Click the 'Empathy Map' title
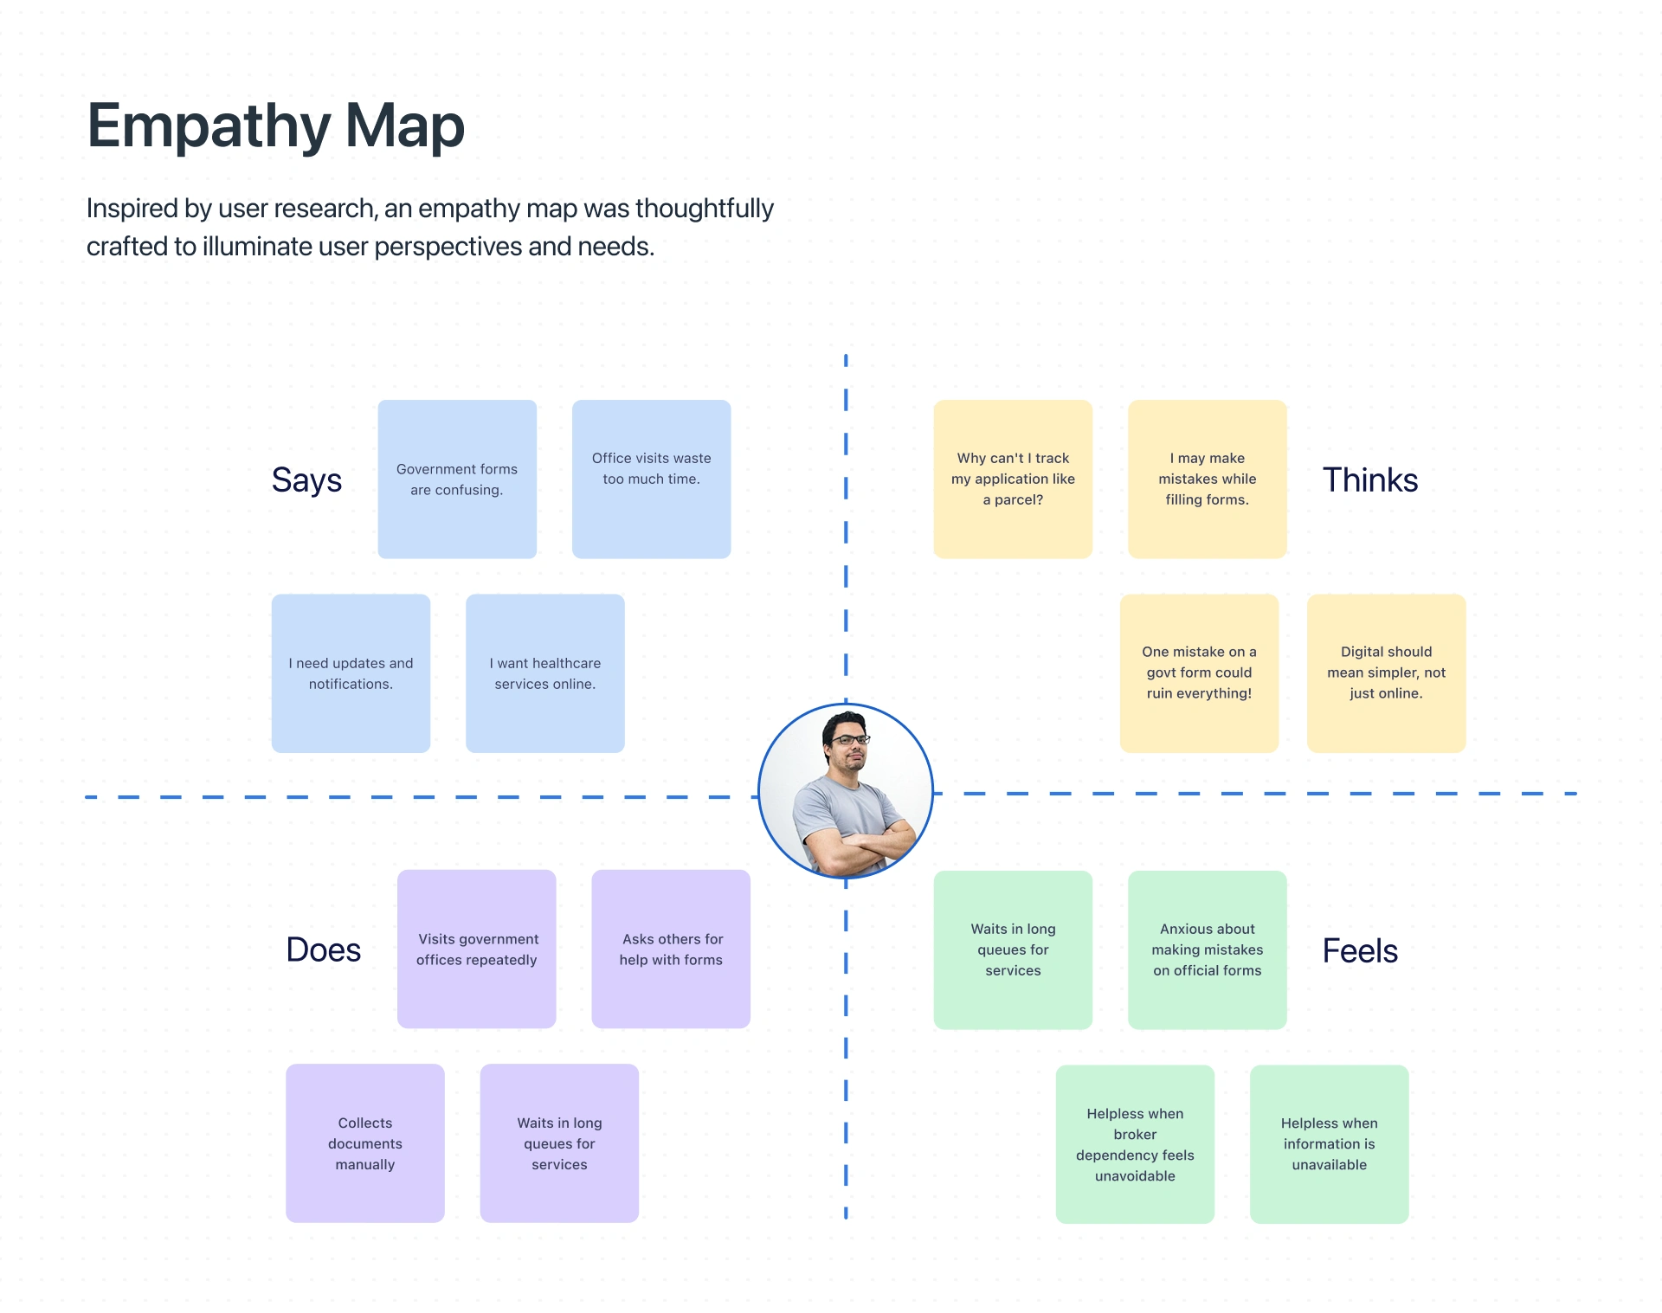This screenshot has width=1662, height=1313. (x=276, y=126)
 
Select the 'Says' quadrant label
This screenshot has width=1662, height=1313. (x=306, y=480)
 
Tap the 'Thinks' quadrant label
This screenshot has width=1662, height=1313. (x=1370, y=480)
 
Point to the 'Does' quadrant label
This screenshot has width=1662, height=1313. (x=323, y=949)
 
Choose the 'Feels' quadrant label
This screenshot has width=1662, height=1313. (x=1360, y=950)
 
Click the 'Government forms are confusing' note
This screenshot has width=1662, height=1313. (x=457, y=479)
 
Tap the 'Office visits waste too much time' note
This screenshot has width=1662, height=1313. (x=651, y=479)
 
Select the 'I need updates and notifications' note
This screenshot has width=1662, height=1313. (x=351, y=673)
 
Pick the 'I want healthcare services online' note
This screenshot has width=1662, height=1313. (x=545, y=673)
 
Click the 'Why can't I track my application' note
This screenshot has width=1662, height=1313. (x=1013, y=479)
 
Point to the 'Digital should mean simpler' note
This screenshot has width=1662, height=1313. (x=1386, y=673)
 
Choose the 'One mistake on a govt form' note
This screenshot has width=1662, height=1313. (x=1199, y=673)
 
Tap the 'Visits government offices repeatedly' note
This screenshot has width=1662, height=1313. (x=476, y=949)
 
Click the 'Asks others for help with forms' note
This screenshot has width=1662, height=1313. (x=671, y=949)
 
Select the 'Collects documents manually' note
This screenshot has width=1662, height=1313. (x=365, y=1143)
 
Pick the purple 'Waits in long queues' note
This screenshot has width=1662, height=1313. (x=559, y=1143)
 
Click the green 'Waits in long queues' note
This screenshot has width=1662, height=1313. (x=1013, y=949)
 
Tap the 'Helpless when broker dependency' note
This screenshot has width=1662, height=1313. (x=1135, y=1144)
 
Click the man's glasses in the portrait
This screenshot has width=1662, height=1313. (x=849, y=740)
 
